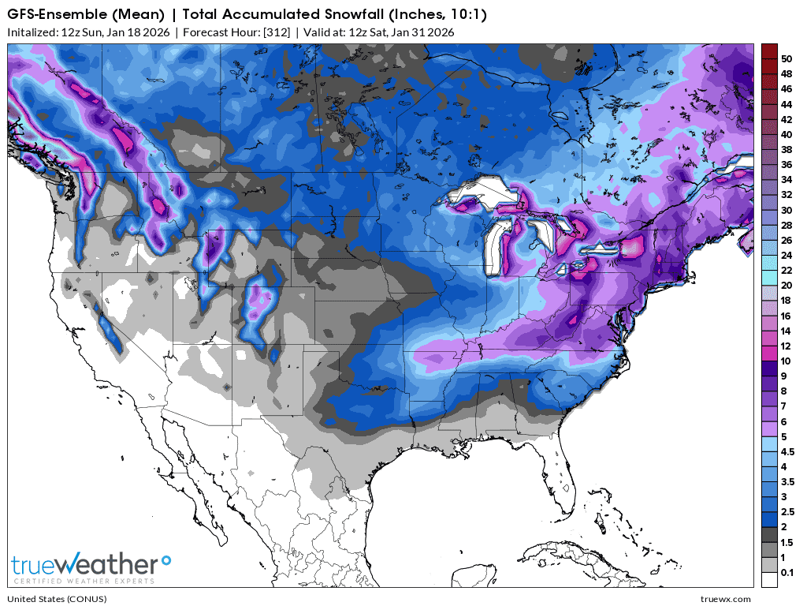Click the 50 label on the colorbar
(787, 58)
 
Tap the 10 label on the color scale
(787, 360)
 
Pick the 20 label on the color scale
(787, 285)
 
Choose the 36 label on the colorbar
(787, 164)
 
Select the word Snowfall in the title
(320, 15)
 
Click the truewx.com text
(726, 599)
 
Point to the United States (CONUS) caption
(49, 599)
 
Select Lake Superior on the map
(481, 193)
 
